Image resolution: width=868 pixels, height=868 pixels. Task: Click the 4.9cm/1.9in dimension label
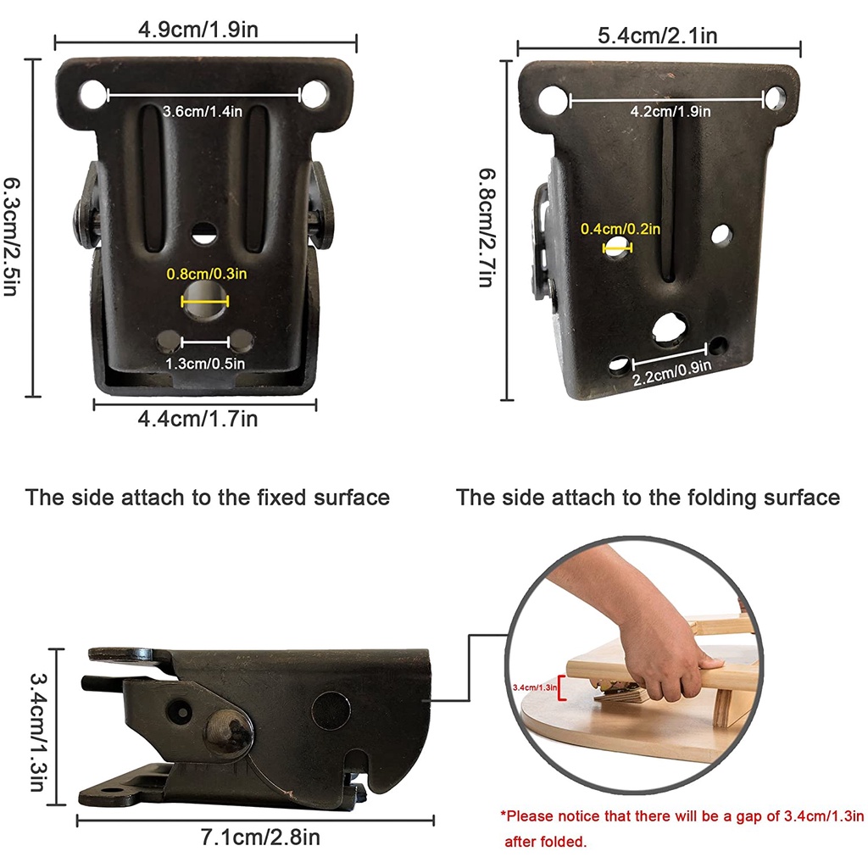pos(198,30)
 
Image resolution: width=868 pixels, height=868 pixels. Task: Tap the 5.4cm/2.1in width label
pos(658,36)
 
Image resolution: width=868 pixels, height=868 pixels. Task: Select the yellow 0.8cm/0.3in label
pos(207,274)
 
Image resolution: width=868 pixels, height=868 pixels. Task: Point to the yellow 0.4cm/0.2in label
pos(620,229)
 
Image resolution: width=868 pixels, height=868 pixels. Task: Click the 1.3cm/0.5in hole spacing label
pos(205,363)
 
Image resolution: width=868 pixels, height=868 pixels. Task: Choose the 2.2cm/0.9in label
pos(672,373)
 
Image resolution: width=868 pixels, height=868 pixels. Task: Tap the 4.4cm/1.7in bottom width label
pos(198,419)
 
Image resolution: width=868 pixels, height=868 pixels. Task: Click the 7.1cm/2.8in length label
pos(260,837)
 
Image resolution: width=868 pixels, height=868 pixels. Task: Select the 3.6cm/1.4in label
pos(203,111)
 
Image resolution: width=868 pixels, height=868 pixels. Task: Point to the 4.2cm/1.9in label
pos(670,111)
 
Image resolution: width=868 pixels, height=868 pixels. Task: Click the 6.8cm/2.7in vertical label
pos(487,227)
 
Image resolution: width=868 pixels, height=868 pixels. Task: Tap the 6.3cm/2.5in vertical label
pos(11,236)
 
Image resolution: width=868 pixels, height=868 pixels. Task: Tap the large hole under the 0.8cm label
pos(205,299)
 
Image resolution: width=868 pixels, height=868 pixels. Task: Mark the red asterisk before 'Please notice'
pos(504,814)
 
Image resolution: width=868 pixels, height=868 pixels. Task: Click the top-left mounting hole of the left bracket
pos(93,94)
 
